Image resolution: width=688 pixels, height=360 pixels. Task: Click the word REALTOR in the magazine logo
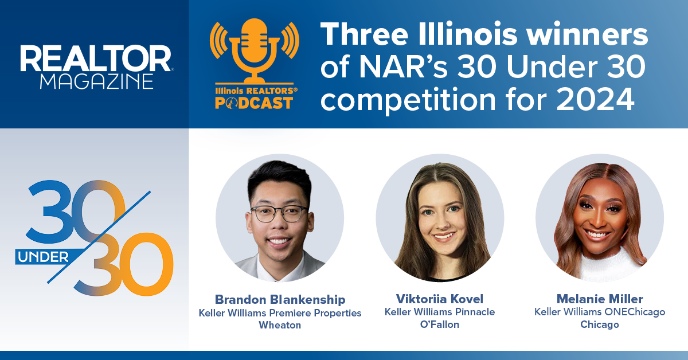(96, 58)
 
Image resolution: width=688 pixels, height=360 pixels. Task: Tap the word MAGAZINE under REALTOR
(97, 81)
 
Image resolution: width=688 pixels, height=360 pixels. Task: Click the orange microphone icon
(255, 50)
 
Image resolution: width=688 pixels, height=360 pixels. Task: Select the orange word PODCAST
(253, 103)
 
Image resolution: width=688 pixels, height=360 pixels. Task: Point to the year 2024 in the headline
(595, 99)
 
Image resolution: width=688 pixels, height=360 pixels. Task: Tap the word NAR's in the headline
(403, 66)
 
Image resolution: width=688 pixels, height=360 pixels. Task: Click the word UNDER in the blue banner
(43, 257)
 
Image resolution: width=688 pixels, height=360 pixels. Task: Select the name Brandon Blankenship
(280, 299)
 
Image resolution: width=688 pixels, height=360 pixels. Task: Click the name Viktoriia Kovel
(440, 299)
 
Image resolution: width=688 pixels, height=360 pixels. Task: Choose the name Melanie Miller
(600, 299)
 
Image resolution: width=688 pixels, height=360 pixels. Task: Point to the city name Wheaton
(280, 325)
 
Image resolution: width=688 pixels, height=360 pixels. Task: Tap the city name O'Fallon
(440, 324)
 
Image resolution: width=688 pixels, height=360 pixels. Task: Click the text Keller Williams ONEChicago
(600, 312)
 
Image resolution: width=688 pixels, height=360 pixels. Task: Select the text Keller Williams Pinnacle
(440, 312)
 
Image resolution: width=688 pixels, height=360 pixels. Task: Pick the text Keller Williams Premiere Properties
(280, 314)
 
